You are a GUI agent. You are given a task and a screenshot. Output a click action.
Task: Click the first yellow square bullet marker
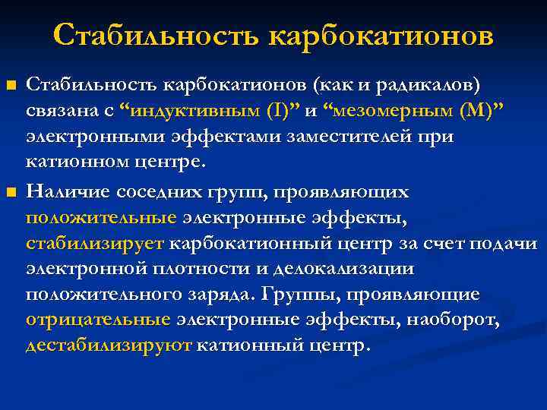(x=10, y=83)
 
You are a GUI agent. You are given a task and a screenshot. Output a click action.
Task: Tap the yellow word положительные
(x=101, y=219)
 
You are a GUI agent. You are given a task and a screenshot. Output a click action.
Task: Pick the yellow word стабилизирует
(x=95, y=244)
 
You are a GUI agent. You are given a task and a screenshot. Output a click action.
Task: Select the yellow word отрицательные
(x=98, y=319)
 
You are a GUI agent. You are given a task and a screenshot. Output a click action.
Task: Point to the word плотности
(x=182, y=269)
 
